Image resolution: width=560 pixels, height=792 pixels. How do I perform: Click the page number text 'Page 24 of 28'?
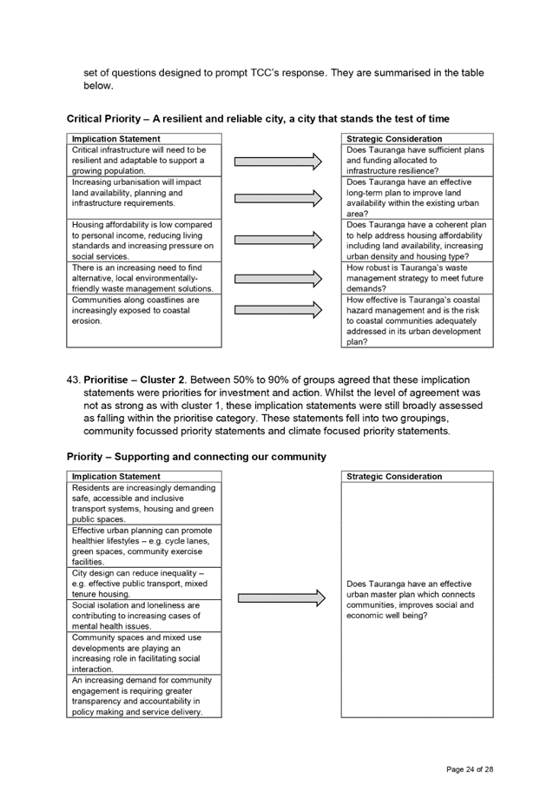[x=470, y=769]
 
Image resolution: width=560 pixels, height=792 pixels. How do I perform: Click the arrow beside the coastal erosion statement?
[x=278, y=310]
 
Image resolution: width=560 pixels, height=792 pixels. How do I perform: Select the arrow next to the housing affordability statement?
[x=278, y=240]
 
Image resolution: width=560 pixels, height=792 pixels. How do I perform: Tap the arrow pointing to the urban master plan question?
[x=282, y=598]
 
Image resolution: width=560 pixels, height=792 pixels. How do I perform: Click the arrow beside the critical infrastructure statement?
[x=278, y=162]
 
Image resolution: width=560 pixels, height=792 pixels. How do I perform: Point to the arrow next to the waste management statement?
[x=278, y=278]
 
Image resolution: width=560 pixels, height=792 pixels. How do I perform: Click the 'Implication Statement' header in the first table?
[x=116, y=139]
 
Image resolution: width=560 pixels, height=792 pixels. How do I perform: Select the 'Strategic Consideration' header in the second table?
[x=394, y=476]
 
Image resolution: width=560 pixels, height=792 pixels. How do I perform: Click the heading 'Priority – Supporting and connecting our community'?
[x=196, y=457]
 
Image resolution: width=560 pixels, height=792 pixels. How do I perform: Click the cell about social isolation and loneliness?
[x=144, y=616]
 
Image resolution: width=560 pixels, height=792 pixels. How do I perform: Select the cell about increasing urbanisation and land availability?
[x=144, y=197]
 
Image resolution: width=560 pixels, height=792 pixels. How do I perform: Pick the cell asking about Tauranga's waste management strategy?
[x=417, y=278]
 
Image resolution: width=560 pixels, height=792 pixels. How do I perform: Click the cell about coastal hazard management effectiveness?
[x=417, y=320]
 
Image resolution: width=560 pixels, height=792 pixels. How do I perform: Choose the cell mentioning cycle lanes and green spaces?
[x=144, y=546]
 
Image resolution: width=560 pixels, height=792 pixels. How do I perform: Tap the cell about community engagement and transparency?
[x=144, y=696]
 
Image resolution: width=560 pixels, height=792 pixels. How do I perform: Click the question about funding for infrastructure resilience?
[x=417, y=160]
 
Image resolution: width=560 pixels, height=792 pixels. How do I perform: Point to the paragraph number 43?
[x=73, y=379]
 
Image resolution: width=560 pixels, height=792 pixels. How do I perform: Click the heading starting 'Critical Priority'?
[x=258, y=119]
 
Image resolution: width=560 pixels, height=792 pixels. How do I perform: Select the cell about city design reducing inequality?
[x=144, y=584]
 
